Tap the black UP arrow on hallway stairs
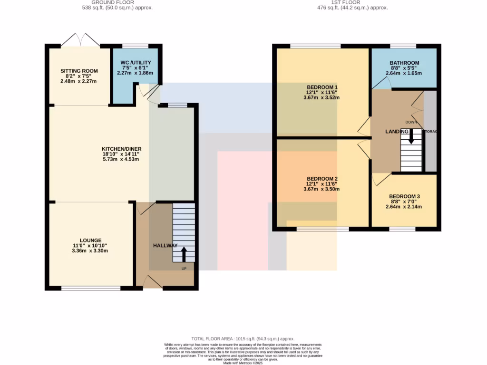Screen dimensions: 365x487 point(183,254)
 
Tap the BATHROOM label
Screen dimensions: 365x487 point(404,63)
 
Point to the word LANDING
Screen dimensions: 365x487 point(397,131)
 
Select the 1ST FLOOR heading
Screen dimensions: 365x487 point(352,2)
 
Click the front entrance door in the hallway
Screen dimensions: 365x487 point(152,282)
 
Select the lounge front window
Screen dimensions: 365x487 point(91,288)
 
